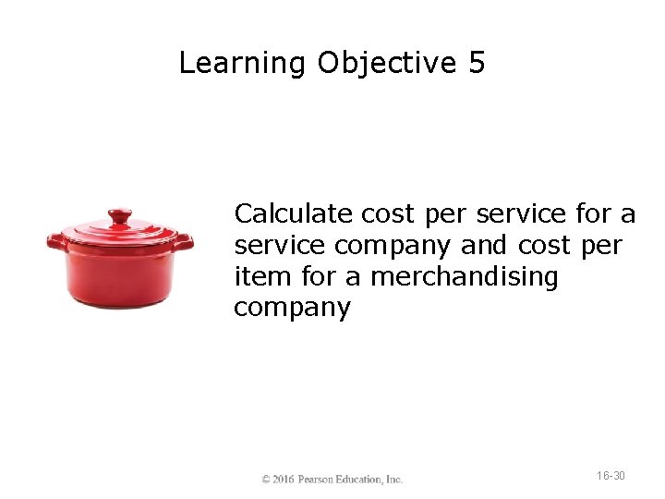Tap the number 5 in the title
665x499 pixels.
point(477,64)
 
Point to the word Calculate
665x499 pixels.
point(294,214)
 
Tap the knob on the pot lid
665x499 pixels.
point(120,217)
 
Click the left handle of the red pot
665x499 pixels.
point(57,242)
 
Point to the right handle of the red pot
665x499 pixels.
point(184,242)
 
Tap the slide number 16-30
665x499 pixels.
point(611,476)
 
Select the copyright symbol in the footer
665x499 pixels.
point(266,480)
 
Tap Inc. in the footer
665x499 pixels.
point(394,480)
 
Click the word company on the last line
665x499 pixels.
point(292,309)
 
